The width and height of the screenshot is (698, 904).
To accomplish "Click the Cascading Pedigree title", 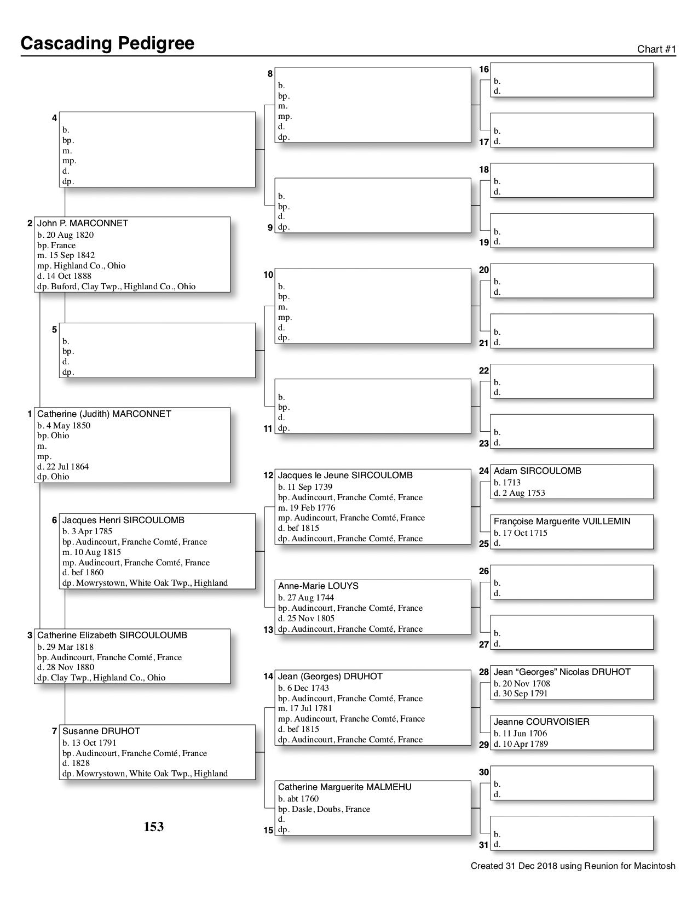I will (107, 43).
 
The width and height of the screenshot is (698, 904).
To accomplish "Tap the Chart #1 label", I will (656, 49).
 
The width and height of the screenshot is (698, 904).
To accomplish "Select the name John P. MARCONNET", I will (82, 224).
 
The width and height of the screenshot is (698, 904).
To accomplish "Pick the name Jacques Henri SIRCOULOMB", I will (123, 520).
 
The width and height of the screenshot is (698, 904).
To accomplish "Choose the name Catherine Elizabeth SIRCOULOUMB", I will (112, 636).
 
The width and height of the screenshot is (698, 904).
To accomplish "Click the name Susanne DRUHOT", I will (101, 731).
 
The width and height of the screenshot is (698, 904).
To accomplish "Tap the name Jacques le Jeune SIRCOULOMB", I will (345, 476).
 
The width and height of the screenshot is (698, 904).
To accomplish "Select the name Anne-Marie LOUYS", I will (318, 586).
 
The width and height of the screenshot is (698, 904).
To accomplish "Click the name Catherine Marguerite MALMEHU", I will (344, 787).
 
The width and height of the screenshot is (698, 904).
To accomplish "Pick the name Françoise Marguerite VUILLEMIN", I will (562, 522).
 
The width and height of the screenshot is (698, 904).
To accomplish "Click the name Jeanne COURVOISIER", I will (541, 722).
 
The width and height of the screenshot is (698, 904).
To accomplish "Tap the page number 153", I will (154, 827).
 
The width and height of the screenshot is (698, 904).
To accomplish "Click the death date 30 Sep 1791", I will (524, 694).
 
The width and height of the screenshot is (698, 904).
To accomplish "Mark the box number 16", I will (484, 70).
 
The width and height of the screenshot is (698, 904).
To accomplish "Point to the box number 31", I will (484, 845).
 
